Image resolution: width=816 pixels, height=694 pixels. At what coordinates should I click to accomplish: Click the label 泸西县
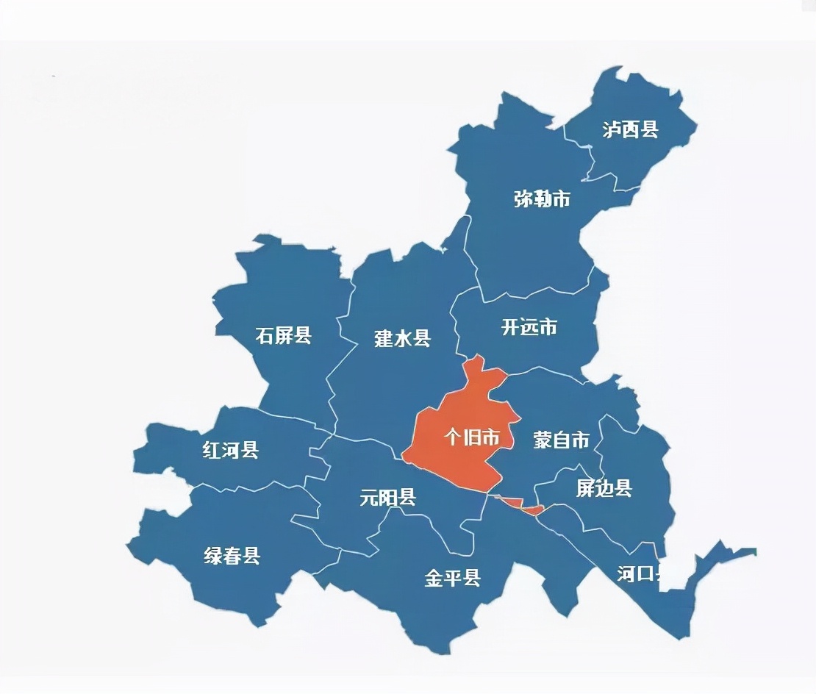630,130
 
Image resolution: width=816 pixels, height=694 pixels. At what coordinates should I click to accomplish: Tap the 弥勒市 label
542,199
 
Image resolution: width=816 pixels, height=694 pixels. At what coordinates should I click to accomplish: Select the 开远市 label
529,327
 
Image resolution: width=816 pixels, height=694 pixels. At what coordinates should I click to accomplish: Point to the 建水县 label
402,339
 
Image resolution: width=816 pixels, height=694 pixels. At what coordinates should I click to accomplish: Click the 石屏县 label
284,336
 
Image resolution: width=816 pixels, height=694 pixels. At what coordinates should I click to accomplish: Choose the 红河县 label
231,450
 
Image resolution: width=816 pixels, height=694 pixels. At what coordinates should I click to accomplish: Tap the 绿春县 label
232,556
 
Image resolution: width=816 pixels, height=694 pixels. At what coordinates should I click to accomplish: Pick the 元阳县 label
388,498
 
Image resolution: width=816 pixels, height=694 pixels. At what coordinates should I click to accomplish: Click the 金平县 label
453,579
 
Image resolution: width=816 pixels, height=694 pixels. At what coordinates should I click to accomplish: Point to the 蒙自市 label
562,440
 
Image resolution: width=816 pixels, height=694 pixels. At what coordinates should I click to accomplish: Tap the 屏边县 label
604,488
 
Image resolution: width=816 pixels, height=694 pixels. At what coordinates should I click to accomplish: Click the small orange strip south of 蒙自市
515,504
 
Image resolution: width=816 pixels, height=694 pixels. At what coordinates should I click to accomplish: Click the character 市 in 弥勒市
562,199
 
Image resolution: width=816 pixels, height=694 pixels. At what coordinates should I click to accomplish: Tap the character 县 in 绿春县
251,556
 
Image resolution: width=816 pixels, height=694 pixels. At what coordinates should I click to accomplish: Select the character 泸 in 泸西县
612,130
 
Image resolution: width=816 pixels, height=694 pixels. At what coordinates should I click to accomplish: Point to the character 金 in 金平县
434,579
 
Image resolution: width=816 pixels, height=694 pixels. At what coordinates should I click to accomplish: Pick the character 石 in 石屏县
265,336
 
